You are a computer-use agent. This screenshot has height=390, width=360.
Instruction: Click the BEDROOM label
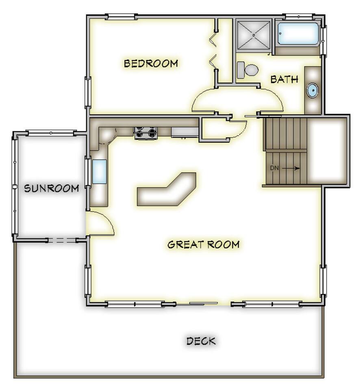pyautogui.click(x=151, y=63)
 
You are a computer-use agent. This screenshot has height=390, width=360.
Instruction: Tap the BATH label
pyautogui.click(x=284, y=79)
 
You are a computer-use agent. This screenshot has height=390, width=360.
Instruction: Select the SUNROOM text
pyautogui.click(x=52, y=188)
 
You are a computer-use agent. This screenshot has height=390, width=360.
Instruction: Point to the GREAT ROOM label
pyautogui.click(x=204, y=245)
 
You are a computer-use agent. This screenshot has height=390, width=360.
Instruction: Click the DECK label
pyautogui.click(x=201, y=341)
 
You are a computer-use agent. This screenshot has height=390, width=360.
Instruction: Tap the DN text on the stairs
pyautogui.click(x=274, y=168)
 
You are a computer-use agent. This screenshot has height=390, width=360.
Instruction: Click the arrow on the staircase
pyautogui.click(x=291, y=168)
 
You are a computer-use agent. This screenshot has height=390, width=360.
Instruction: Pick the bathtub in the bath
pyautogui.click(x=298, y=34)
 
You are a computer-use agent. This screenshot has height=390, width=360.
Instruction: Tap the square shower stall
pyautogui.click(x=253, y=35)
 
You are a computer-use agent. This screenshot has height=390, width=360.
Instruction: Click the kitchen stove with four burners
pyautogui.click(x=146, y=133)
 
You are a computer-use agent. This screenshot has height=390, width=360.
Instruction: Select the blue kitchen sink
pyautogui.click(x=100, y=172)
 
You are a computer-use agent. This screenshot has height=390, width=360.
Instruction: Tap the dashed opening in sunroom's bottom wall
pyautogui.click(x=62, y=240)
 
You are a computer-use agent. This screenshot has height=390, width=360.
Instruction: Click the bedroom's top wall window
pyautogui.click(x=121, y=16)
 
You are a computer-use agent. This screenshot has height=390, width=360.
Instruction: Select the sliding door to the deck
pyautogui.click(x=204, y=303)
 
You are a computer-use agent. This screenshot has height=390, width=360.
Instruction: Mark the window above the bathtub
pyautogui.click(x=298, y=16)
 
